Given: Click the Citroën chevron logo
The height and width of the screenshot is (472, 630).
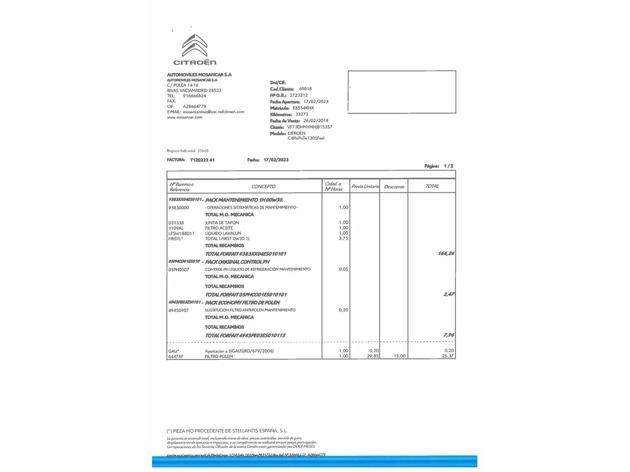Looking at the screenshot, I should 195,46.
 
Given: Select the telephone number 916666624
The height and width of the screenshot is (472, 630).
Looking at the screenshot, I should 194,96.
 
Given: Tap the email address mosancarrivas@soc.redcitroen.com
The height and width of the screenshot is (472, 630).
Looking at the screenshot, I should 213,112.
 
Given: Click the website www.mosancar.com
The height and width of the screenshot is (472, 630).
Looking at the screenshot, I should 184,117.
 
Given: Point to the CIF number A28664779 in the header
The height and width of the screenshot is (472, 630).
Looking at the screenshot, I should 194,106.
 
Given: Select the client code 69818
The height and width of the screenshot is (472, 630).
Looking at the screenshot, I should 305,89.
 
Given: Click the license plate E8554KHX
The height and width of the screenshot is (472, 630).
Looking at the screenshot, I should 303,108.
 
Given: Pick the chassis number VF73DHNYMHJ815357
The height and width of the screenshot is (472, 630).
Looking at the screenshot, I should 310,127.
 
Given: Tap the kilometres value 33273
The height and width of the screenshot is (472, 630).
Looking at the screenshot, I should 302,114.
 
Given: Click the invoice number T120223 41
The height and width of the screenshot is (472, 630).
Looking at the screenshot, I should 202,160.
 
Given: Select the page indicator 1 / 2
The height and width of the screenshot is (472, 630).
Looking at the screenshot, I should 448,166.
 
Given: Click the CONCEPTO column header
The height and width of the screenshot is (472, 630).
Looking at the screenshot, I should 263,187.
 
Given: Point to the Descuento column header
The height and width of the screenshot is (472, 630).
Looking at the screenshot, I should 394,187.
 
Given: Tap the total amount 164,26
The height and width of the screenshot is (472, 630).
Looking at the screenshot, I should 446,253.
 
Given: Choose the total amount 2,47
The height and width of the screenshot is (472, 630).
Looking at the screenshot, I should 448,294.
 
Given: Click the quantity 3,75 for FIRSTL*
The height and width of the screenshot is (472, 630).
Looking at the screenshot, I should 343,239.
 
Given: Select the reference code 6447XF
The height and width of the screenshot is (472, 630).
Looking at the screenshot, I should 176,357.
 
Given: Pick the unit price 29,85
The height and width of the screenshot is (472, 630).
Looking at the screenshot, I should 373,356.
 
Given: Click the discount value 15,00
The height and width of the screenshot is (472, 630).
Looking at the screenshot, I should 399,356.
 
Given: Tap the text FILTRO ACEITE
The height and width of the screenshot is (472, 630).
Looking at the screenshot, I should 219,228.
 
